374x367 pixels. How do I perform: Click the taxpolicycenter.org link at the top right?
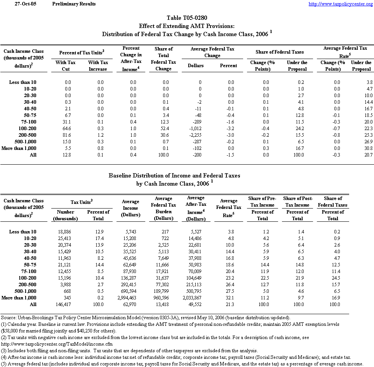(x=341, y=4)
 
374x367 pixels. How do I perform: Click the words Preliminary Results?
(x=74, y=4)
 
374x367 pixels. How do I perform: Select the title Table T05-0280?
(x=187, y=18)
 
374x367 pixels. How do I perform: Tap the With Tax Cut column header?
(x=66, y=66)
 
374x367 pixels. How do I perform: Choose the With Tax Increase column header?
(x=98, y=66)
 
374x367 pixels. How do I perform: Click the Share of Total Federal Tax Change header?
(x=164, y=59)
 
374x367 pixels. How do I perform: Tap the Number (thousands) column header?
(x=66, y=215)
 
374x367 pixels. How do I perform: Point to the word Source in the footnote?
(x=9, y=317)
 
